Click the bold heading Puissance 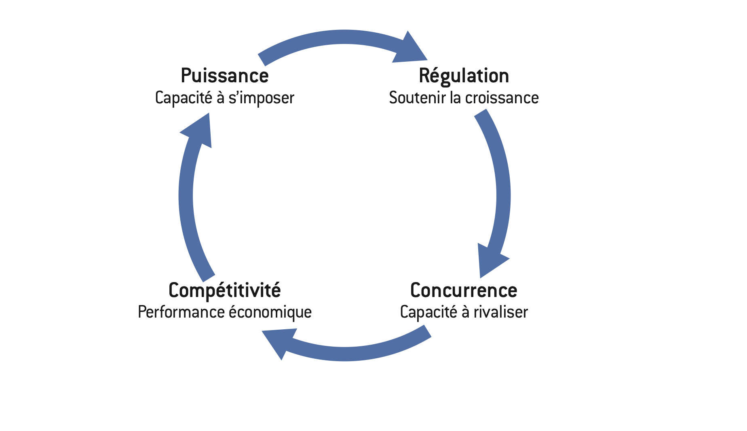(x=224, y=76)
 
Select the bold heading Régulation (x=464, y=76)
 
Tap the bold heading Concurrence (x=464, y=290)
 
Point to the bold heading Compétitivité (x=224, y=290)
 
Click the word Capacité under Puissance (x=183, y=98)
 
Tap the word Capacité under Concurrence (x=428, y=312)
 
